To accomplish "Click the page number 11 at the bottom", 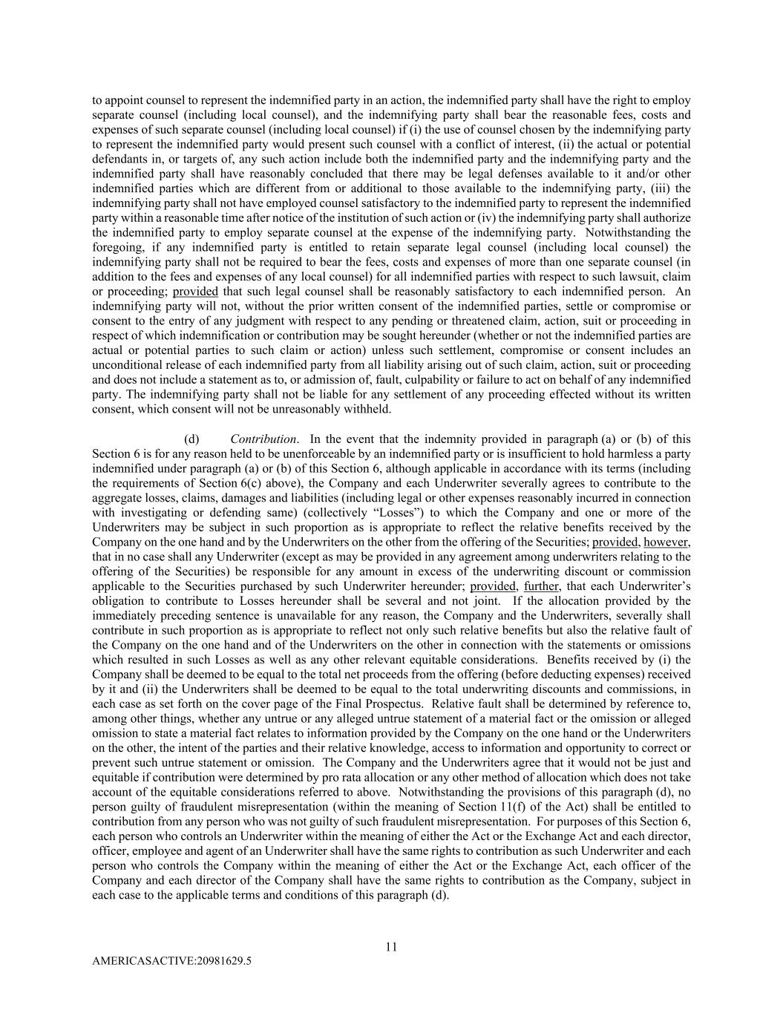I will click(391, 947).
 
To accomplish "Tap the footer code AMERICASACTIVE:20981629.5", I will click(171, 960).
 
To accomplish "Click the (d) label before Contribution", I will click(191, 439).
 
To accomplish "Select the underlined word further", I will click(542, 586).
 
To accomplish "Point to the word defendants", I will click(119, 159).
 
